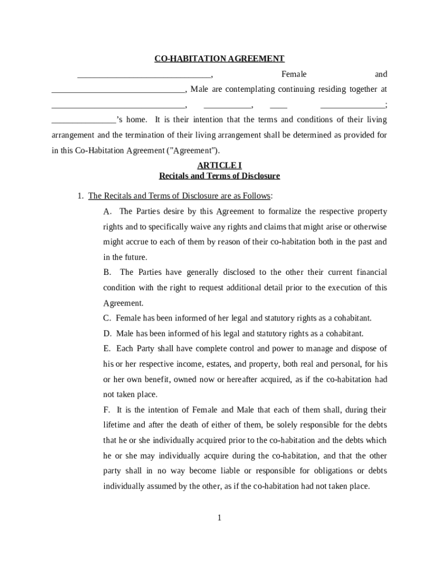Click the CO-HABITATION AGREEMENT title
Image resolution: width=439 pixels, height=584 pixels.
(219, 59)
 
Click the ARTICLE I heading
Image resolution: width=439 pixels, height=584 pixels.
(219, 165)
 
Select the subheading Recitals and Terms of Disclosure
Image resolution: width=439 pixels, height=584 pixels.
(219, 176)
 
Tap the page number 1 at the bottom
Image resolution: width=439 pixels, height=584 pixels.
(219, 518)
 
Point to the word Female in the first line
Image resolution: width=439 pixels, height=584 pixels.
(294, 74)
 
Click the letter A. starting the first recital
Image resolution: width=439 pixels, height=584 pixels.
(107, 212)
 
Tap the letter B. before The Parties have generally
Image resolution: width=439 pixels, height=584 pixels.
(107, 273)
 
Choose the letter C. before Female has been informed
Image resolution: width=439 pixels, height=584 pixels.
(107, 318)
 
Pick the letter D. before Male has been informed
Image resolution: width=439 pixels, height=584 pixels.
(107, 334)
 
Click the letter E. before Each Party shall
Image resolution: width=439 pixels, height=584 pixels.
(107, 348)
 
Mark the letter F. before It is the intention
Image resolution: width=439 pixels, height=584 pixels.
(107, 410)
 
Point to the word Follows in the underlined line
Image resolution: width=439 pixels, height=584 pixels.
(256, 196)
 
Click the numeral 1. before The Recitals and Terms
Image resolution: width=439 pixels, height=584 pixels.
(81, 196)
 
